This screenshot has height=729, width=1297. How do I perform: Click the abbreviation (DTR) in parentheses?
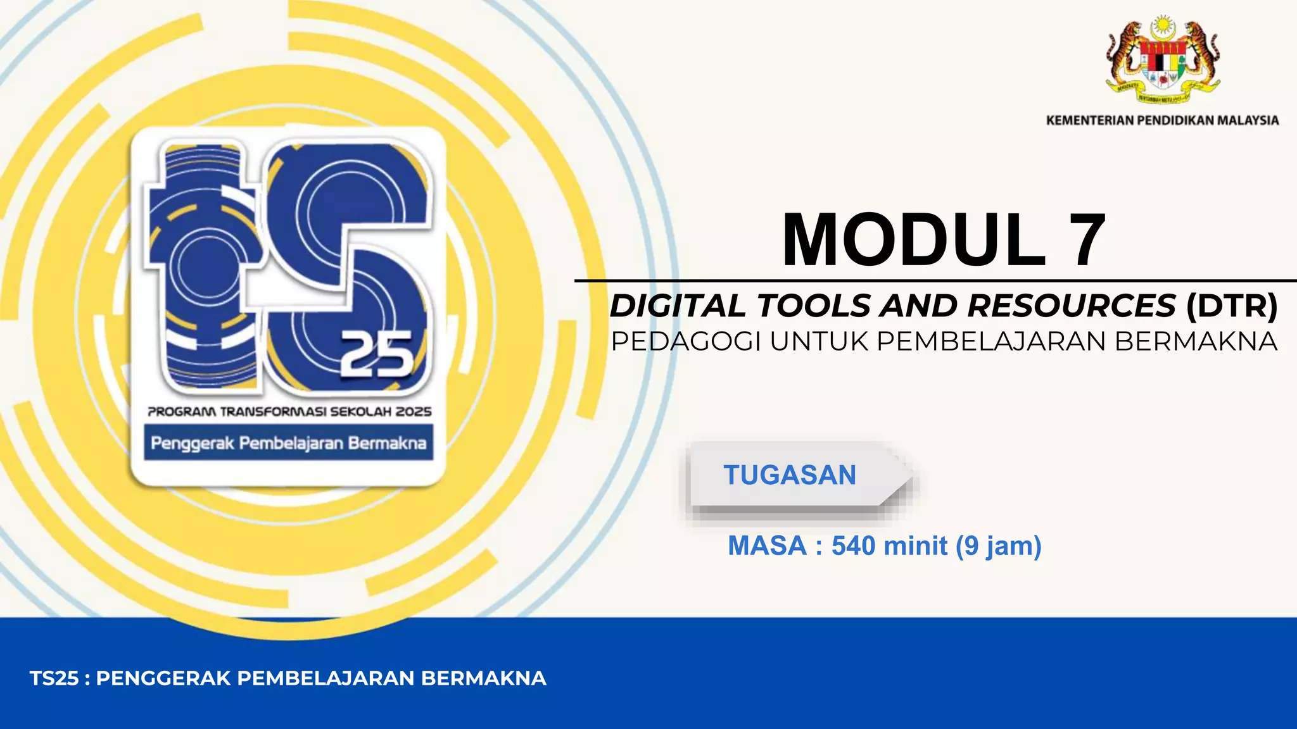point(1232,306)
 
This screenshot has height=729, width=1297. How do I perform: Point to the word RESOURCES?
point(1071,306)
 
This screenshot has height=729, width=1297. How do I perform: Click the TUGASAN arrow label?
point(790,475)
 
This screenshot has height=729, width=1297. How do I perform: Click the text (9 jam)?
point(998,546)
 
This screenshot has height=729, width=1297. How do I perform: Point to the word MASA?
point(767,546)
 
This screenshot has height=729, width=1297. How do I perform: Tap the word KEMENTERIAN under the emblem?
point(1090,120)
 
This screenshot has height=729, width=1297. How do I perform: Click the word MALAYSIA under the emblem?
point(1247,120)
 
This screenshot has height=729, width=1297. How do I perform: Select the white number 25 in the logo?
point(377,355)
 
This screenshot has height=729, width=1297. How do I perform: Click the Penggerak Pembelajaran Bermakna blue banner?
point(288,443)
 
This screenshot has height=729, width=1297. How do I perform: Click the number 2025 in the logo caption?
point(414,412)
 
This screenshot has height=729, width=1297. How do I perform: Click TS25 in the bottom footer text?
point(54,678)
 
